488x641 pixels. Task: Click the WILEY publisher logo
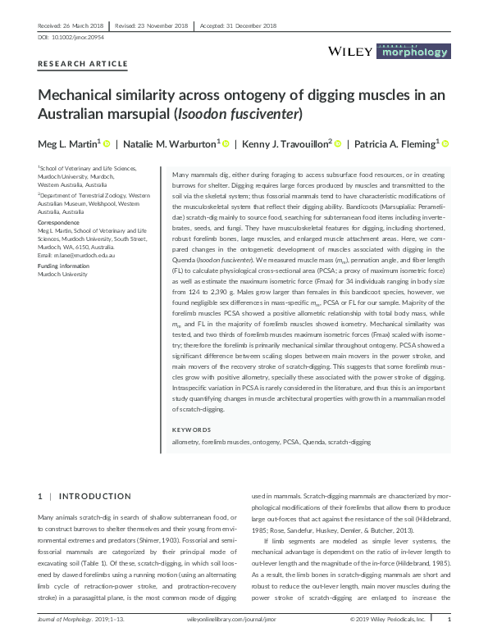tap(350, 52)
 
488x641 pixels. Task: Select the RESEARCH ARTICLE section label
tap(83, 64)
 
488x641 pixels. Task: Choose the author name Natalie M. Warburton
tap(171, 144)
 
